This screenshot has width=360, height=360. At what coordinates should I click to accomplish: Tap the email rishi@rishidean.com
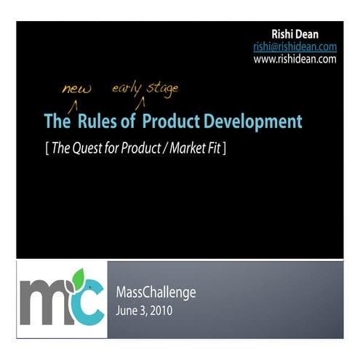295,47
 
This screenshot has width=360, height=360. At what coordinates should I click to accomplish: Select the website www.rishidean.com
295,59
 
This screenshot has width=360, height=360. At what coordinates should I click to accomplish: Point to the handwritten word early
127,89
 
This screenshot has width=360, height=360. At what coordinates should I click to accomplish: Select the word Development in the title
244,121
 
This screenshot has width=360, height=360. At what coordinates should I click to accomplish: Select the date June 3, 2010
145,311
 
